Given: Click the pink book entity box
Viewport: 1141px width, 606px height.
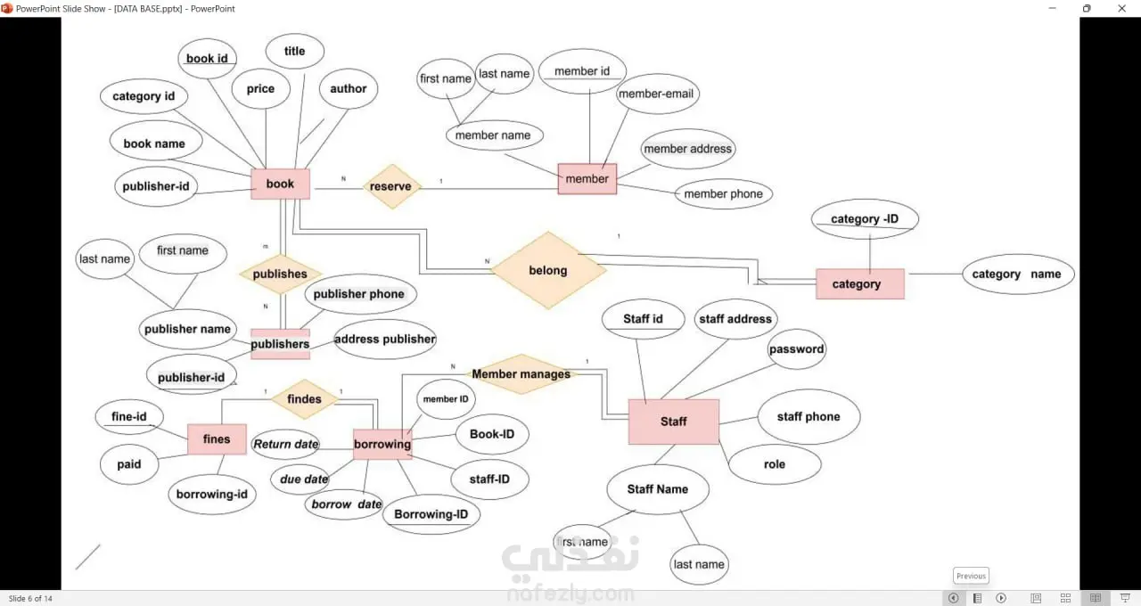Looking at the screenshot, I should click(x=280, y=184).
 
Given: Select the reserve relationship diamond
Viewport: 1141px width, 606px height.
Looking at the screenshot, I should click(x=391, y=186).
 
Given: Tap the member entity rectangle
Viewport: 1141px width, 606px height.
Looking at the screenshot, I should click(x=587, y=179).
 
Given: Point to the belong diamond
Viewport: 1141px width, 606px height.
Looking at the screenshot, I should click(x=547, y=270).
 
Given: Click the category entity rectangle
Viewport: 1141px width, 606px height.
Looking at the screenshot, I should click(x=859, y=284).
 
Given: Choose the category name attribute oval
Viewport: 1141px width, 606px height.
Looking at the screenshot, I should click(x=1017, y=274).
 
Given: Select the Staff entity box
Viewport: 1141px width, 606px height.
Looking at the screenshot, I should click(x=673, y=422).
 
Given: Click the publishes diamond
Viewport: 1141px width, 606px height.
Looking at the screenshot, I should click(x=280, y=274).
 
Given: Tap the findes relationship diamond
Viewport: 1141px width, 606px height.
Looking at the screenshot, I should click(x=304, y=399).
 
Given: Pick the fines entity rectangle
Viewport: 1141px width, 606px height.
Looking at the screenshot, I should click(x=217, y=439).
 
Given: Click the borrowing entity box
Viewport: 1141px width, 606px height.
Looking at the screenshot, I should click(x=382, y=444).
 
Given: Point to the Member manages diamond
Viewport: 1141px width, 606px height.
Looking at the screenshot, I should click(x=521, y=374).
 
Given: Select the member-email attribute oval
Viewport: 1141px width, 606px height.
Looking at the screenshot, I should click(x=657, y=94).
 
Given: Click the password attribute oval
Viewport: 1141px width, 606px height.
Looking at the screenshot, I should click(x=796, y=349).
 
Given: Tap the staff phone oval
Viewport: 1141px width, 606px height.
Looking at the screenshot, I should click(x=809, y=416).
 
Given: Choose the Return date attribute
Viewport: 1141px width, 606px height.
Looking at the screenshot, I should click(x=285, y=444).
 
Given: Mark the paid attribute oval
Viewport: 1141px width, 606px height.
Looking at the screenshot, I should click(x=129, y=464).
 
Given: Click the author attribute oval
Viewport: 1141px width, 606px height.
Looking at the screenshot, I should click(x=348, y=89).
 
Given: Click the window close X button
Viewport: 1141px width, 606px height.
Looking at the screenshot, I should click(x=1120, y=8).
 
